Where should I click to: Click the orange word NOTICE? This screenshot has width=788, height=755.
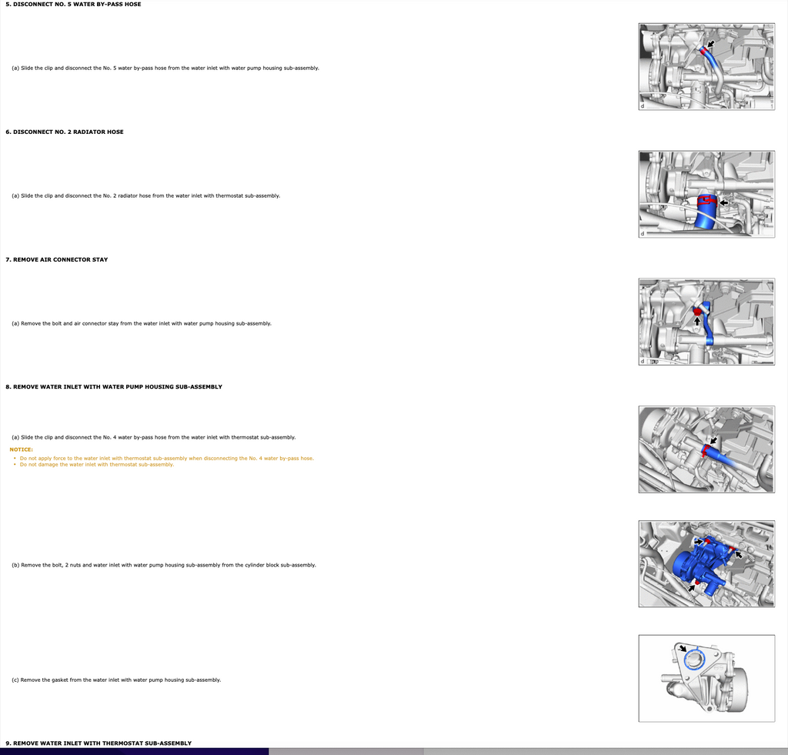[x=21, y=449]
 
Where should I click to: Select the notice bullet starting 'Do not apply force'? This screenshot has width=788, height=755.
[x=166, y=459]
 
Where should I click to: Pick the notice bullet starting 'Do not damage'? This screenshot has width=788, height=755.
[x=96, y=464]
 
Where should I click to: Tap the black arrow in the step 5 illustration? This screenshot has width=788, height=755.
[x=710, y=44]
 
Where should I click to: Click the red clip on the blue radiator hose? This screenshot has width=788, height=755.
[x=707, y=201]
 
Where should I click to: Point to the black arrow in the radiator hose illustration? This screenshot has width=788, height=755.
[x=723, y=202]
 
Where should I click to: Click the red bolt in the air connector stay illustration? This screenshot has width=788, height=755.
[x=697, y=311]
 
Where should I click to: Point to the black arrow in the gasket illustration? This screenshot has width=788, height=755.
[x=682, y=647]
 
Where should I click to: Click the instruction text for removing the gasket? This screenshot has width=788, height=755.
[x=116, y=680]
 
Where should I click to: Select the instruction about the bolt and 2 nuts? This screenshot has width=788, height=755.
[x=164, y=565]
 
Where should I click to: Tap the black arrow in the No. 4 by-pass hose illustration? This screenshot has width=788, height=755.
[x=713, y=440]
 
